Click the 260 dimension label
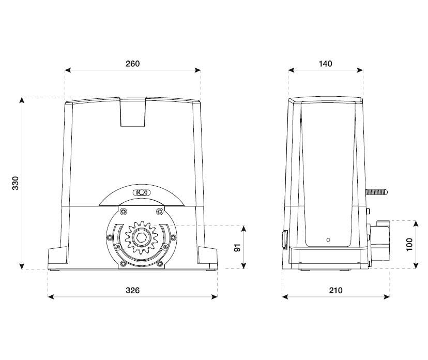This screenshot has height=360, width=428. pyautogui.click(x=133, y=64)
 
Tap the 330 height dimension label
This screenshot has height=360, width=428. pyautogui.click(x=16, y=183)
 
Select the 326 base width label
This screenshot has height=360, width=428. pyautogui.click(x=133, y=290)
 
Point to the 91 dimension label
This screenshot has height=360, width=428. pyautogui.click(x=238, y=247)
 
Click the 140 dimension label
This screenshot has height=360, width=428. pyautogui.click(x=325, y=64)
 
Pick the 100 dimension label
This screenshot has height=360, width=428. pyautogui.click(x=409, y=245)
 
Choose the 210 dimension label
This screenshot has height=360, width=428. pyautogui.click(x=335, y=290)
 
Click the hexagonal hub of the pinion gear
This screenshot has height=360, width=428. pyautogui.click(x=142, y=237)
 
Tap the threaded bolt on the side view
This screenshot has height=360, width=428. pyautogui.click(x=376, y=192)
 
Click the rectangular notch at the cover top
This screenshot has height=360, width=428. pyautogui.click(x=133, y=112)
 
